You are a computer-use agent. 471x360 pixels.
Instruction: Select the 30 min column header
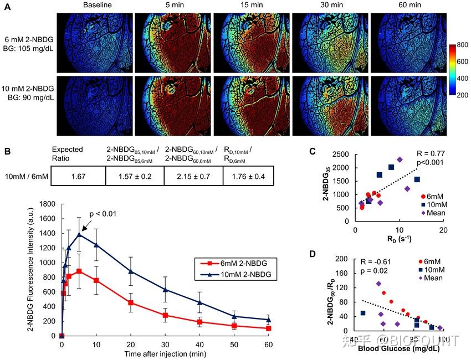click(330, 6)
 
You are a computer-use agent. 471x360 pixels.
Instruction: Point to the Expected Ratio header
click(67, 153)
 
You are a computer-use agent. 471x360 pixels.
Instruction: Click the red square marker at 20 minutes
click(131, 302)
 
